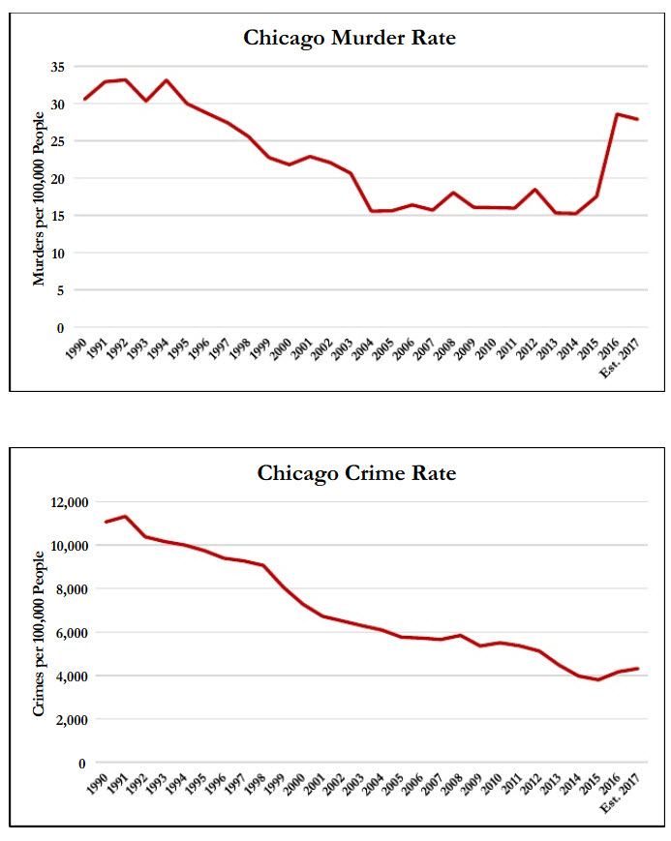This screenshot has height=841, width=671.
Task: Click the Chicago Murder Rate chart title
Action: pyautogui.click(x=349, y=39)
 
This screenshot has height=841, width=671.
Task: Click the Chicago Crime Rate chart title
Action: pyautogui.click(x=356, y=474)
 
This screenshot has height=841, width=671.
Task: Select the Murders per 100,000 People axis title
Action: pyautogui.click(x=40, y=197)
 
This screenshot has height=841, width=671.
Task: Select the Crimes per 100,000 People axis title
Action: pyautogui.click(x=40, y=633)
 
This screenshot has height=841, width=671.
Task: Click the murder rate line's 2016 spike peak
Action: pyautogui.click(x=617, y=114)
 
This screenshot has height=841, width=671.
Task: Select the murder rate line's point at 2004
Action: pyautogui.click(x=372, y=211)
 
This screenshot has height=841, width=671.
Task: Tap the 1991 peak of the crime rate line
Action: pyautogui.click(x=125, y=516)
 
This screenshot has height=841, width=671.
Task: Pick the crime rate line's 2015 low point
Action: pyautogui.click(x=597, y=679)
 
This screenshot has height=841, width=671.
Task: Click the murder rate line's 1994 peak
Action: pyautogui.click(x=167, y=80)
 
